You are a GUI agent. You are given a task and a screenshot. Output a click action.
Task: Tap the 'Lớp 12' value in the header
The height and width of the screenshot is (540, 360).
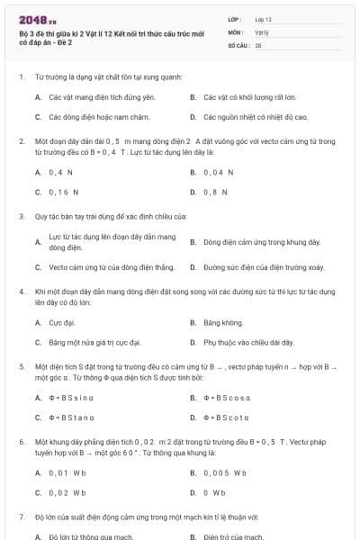[264, 19]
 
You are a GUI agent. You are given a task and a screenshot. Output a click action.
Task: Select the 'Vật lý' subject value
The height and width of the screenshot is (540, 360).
[261, 31]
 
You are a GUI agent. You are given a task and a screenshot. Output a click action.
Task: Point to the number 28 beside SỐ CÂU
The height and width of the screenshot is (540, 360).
[258, 44]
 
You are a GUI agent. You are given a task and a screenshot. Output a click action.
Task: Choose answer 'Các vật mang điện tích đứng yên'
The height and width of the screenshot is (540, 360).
[96, 96]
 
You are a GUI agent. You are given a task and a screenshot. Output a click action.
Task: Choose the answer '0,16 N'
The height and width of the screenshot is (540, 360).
[63, 192]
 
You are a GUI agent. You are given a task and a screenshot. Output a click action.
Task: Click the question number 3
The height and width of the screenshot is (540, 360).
[22, 216]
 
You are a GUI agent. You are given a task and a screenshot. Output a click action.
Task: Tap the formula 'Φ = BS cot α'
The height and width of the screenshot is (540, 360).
[227, 418]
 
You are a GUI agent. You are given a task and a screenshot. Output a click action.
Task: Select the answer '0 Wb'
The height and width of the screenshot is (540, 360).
[214, 492]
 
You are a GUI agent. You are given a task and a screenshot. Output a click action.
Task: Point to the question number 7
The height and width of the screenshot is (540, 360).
[22, 517]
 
